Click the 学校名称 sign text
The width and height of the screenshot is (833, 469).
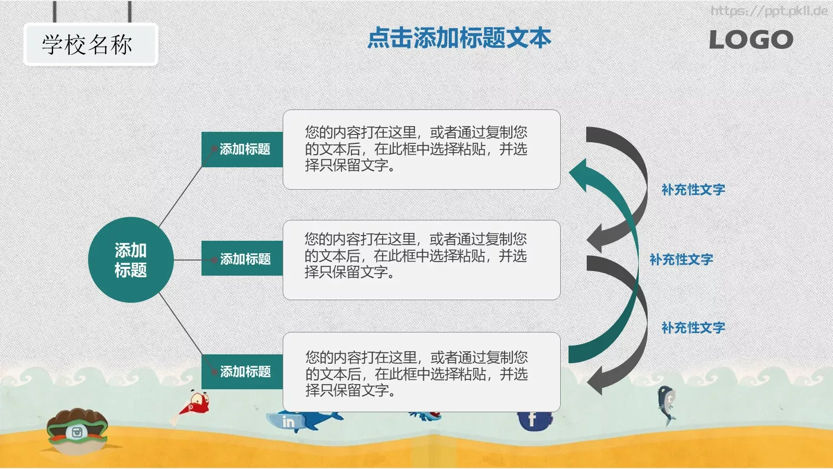click(x=87, y=45)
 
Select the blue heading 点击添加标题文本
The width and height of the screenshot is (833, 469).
click(x=459, y=39)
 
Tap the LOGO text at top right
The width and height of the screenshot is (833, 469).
click(x=751, y=40)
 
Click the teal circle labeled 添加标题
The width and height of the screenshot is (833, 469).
click(x=130, y=260)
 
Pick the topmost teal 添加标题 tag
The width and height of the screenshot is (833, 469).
click(x=243, y=150)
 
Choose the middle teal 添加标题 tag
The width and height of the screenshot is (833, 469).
click(x=243, y=258)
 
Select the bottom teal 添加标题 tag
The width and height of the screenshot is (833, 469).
click(x=243, y=372)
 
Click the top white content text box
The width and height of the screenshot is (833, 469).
click(x=421, y=150)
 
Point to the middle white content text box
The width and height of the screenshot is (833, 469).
click(x=421, y=260)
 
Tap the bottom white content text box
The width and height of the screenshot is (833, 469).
click(x=421, y=372)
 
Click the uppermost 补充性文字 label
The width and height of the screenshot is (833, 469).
click(x=693, y=190)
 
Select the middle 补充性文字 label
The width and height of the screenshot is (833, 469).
click(x=681, y=260)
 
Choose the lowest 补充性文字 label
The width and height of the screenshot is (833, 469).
click(x=693, y=328)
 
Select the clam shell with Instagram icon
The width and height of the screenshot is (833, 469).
click(x=77, y=430)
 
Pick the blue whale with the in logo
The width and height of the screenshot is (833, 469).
click(x=302, y=420)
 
